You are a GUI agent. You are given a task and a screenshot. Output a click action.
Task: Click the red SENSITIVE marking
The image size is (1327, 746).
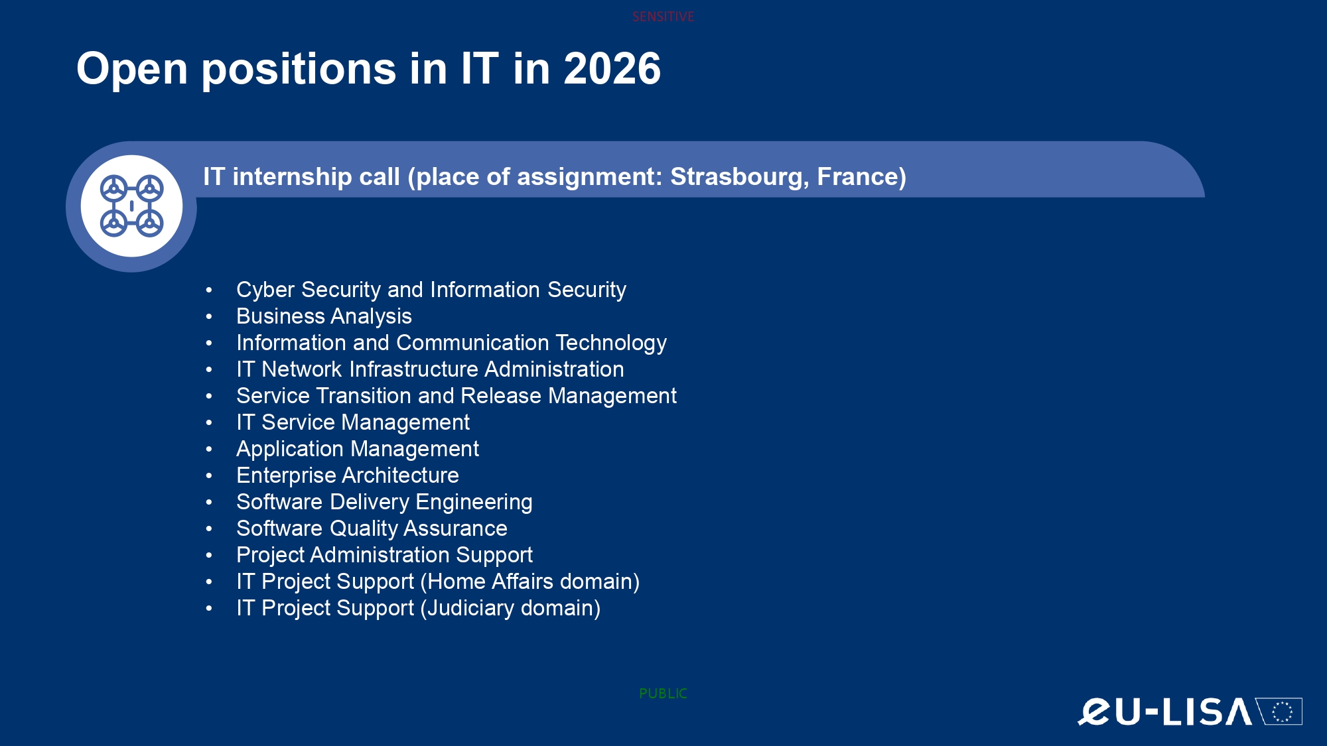663,17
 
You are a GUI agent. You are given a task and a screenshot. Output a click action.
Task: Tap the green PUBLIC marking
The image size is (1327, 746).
663,694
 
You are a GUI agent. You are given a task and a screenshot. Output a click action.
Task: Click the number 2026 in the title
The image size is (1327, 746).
612,68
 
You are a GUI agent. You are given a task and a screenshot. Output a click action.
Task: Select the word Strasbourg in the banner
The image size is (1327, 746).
739,177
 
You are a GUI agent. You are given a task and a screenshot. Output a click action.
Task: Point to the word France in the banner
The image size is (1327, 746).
857,177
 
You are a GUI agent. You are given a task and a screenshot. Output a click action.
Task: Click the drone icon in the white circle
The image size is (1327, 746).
131,206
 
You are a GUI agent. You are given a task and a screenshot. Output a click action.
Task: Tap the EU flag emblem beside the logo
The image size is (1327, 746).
1279,712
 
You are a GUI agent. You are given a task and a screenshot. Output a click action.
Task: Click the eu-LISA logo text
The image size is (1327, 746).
1165,712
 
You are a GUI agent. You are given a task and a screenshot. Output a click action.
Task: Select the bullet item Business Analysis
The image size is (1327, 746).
324,317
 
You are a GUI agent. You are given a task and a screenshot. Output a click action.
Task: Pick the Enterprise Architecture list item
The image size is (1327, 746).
348,475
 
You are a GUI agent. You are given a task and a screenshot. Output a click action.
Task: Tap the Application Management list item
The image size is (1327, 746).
358,450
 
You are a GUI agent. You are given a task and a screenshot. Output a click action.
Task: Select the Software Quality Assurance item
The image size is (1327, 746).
372,528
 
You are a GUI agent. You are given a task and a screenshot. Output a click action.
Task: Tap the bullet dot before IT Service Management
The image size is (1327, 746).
209,422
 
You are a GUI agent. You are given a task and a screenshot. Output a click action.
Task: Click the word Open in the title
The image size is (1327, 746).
132,70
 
